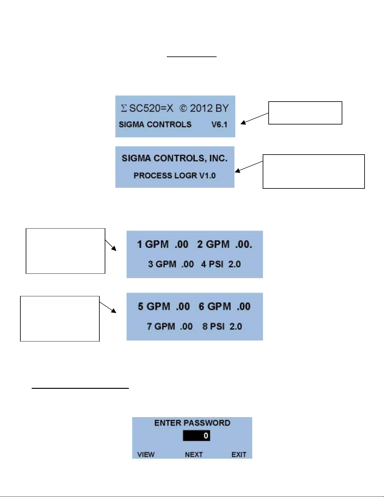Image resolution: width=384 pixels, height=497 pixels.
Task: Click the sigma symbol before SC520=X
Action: click(x=124, y=108)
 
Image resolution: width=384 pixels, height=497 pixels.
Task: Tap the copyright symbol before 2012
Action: click(x=183, y=108)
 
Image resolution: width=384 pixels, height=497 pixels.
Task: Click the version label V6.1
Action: click(x=219, y=125)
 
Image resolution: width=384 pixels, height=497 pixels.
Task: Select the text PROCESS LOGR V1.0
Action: click(x=175, y=176)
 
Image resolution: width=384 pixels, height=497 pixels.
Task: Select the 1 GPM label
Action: click(x=153, y=244)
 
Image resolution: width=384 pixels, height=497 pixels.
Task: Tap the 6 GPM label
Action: click(x=215, y=306)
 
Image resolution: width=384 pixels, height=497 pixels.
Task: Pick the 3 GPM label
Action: click(x=162, y=264)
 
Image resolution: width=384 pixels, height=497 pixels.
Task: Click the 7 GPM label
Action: click(x=161, y=326)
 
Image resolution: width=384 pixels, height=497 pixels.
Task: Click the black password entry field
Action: click(x=196, y=436)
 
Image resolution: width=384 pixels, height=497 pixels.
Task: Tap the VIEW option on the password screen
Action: click(x=146, y=454)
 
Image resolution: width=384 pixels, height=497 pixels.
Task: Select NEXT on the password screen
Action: click(x=194, y=454)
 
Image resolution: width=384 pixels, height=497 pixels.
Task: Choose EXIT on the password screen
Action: click(x=239, y=454)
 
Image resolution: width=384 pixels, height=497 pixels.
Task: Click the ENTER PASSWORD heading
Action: click(x=192, y=423)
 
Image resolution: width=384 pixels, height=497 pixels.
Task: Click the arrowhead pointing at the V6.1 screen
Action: click(x=243, y=123)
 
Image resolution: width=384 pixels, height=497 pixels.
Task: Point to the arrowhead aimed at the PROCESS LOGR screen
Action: click(x=238, y=171)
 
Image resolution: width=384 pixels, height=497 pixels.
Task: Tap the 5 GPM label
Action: click(x=154, y=306)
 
